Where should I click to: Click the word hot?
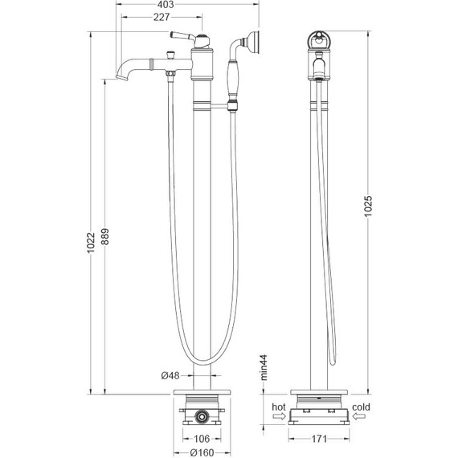[x=279, y=407]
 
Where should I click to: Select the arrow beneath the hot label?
[x=279, y=417]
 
